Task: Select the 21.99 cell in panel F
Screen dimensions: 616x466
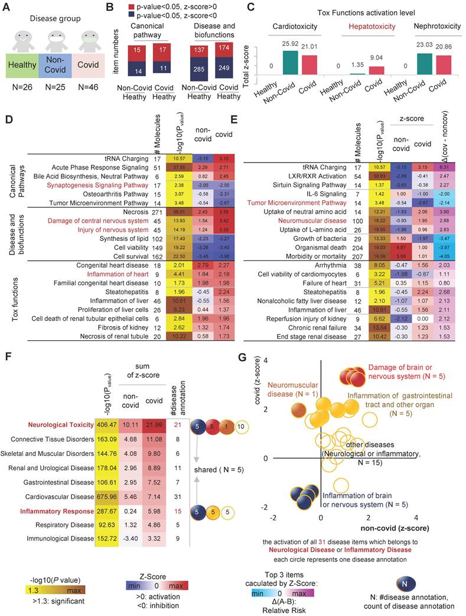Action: coord(157,425)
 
